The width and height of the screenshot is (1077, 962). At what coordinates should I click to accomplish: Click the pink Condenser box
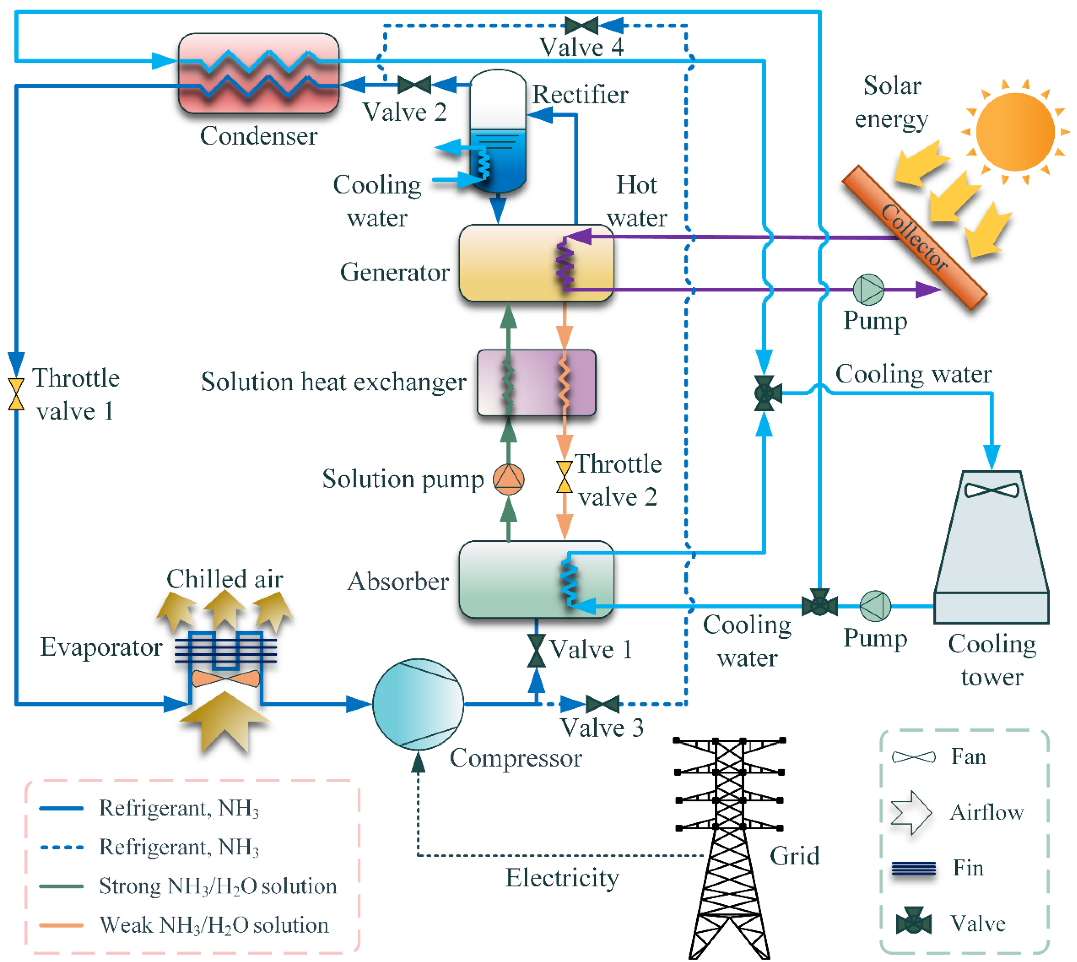pos(258,73)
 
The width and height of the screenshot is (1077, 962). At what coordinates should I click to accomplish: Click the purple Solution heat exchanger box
pos(536,382)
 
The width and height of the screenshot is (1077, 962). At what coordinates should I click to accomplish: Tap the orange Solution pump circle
pos(508,479)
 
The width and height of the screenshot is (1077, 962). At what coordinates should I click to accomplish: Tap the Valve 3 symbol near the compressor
pos(602,704)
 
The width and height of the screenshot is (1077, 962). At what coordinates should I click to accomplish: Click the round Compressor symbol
pos(418,704)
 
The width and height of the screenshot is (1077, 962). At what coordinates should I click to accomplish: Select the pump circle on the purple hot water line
pos(868,290)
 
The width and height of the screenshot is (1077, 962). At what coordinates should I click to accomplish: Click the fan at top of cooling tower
pos(991,490)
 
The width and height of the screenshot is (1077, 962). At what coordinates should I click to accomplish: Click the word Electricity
pos(562,878)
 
